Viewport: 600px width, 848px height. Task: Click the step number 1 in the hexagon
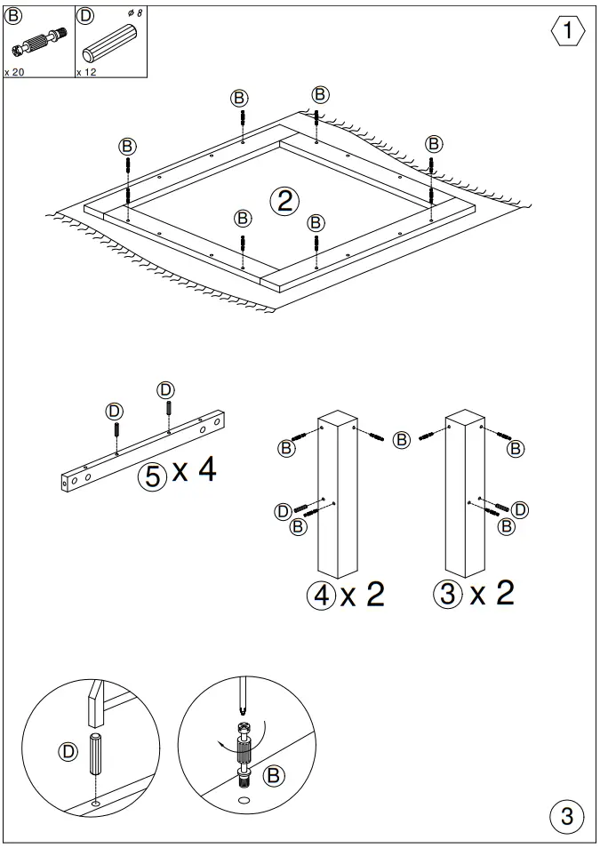point(568,32)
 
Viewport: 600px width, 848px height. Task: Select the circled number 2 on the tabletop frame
point(284,201)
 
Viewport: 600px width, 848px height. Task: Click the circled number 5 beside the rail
point(153,476)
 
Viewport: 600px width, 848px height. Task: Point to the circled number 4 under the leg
point(321,594)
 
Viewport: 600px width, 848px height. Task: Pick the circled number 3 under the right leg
point(449,593)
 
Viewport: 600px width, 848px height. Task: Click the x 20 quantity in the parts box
point(14,72)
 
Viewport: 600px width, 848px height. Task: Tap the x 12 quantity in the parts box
point(86,72)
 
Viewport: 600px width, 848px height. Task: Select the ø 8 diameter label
point(135,13)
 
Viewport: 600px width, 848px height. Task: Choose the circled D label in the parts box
point(84,14)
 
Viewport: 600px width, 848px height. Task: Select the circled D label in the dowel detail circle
point(68,751)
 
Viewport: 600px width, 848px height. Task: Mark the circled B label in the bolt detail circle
point(276,774)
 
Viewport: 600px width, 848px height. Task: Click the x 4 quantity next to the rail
point(194,471)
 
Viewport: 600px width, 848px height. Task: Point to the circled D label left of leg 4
point(282,510)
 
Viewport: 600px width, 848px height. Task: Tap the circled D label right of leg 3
point(520,508)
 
